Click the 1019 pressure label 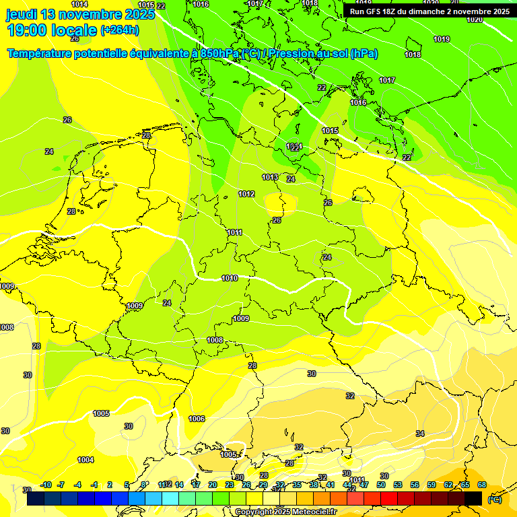click(442, 40)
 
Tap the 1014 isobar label click(79, 5)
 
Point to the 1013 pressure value click(270, 178)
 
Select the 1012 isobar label click(246, 195)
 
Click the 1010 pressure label click(230, 278)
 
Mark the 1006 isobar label click(197, 419)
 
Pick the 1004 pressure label click(85, 460)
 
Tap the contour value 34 click(420, 434)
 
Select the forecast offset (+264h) click(120, 30)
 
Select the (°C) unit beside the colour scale click(494, 499)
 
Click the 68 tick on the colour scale click(482, 485)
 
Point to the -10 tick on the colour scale click(46, 485)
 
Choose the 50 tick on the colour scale click(381, 485)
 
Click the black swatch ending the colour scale click(473, 499)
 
